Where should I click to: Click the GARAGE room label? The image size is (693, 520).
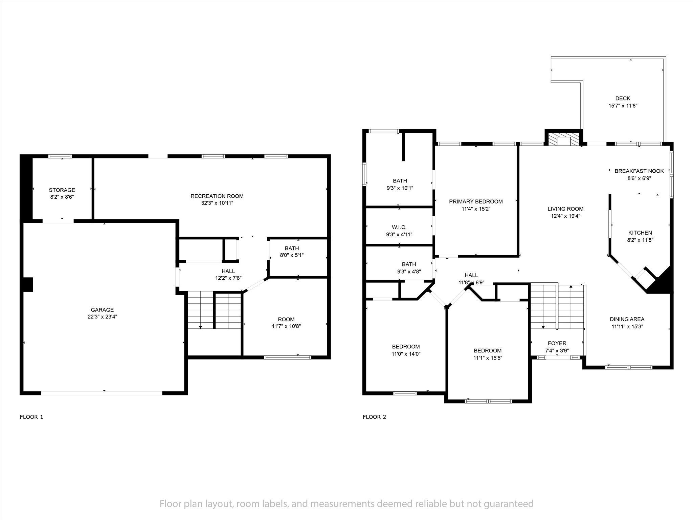[x=102, y=310]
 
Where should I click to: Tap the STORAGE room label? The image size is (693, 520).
[x=62, y=190]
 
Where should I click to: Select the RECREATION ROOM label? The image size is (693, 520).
[x=217, y=196]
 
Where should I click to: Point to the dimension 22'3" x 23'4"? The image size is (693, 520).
[x=102, y=317]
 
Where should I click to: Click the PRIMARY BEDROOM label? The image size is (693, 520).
[x=476, y=202]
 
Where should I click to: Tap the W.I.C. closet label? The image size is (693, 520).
[x=399, y=227]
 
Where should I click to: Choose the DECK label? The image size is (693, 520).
[x=623, y=99]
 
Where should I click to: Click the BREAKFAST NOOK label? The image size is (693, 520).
[x=639, y=171]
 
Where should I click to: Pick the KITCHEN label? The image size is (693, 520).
[x=640, y=233]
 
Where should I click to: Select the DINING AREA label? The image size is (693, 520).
[x=627, y=319]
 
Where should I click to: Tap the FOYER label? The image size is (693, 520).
[x=557, y=343]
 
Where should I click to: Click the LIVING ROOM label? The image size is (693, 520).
[x=565, y=209]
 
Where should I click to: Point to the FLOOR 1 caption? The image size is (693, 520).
[x=31, y=417]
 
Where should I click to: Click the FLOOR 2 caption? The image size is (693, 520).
[x=374, y=417]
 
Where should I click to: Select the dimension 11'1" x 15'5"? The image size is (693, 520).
[x=487, y=358]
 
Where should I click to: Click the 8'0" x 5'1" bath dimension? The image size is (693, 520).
[x=292, y=255]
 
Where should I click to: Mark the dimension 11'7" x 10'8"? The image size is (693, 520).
[x=286, y=326]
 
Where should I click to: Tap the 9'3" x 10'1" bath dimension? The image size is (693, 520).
[x=400, y=188]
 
